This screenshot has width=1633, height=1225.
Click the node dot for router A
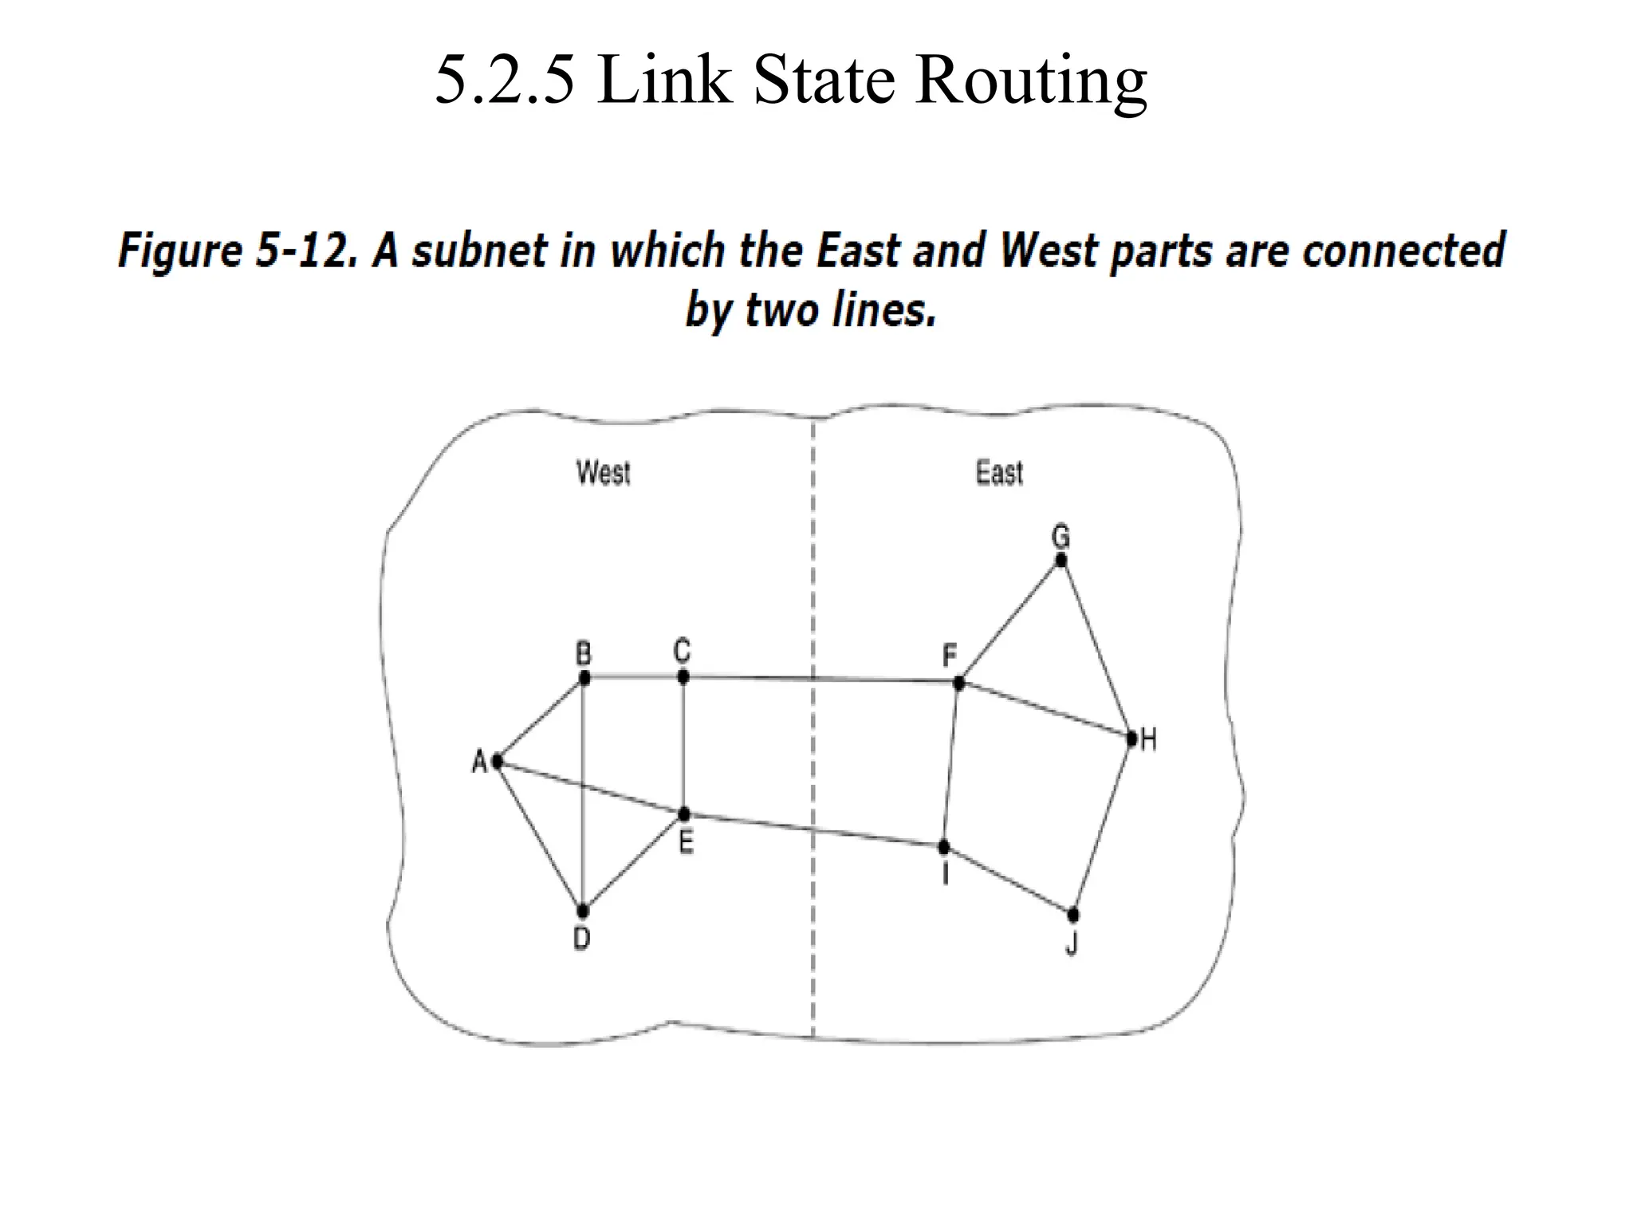tap(498, 762)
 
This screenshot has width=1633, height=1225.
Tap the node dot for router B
tap(584, 678)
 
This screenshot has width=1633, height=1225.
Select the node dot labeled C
tap(683, 677)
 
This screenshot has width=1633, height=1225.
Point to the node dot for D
tap(583, 910)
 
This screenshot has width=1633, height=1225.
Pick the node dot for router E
tap(684, 814)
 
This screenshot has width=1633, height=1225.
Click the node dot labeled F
tap(959, 683)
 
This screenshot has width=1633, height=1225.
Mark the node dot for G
tap(1060, 560)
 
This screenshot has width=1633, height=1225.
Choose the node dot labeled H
tap(1131, 739)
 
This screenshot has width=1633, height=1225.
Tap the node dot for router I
tap(944, 846)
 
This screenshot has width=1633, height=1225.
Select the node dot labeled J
tap(1073, 914)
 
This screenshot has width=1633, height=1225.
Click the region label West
tap(604, 473)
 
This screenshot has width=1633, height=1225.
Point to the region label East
tap(999, 473)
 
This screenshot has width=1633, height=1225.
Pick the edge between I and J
tap(1009, 880)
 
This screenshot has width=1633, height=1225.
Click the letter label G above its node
tap(1060, 536)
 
